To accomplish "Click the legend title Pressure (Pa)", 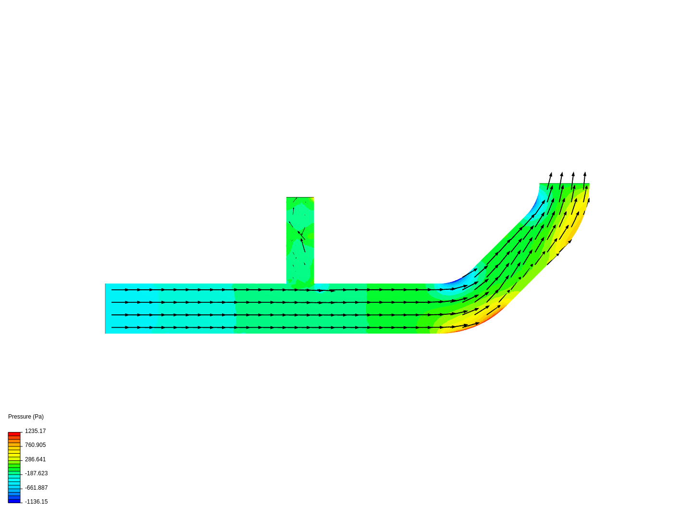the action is tap(26, 417).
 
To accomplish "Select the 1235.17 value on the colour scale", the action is tap(35, 431).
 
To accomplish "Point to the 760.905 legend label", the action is tap(35, 445).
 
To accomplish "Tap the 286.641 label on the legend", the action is tap(35, 459).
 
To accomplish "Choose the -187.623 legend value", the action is tap(36, 473).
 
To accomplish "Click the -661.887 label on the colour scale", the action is tap(36, 488).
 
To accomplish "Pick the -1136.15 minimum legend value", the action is tap(36, 502).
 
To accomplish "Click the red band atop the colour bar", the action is tap(14, 434).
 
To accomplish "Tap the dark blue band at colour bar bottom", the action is tap(14, 501).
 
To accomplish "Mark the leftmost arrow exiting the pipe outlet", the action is tap(549, 181).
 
